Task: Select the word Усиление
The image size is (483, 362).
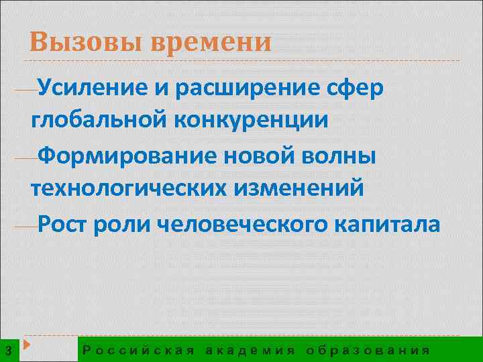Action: coord(87,87)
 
